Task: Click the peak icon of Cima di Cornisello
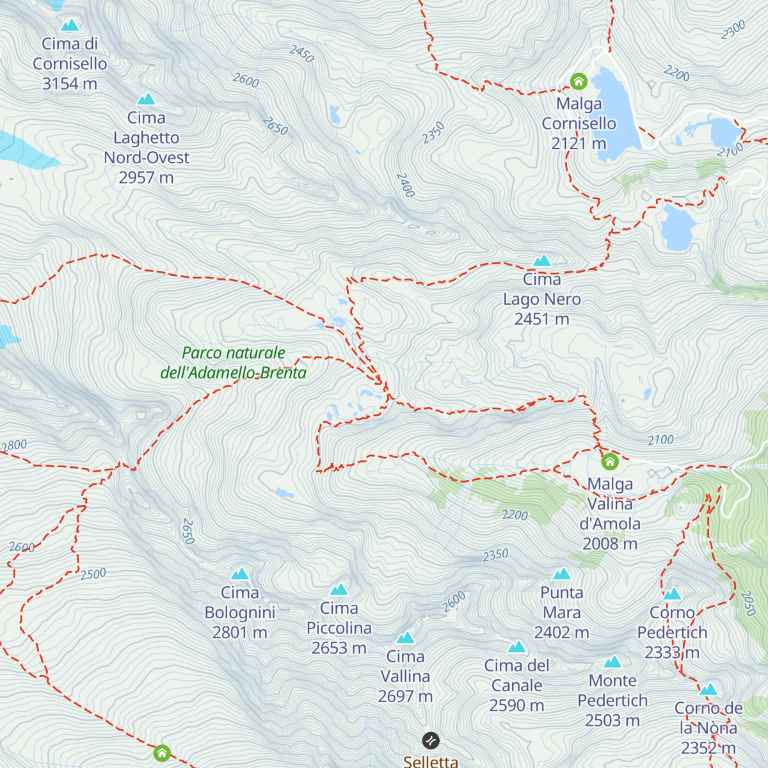tap(69, 25)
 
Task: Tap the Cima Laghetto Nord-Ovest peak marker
tap(147, 99)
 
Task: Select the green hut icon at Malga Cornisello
tap(579, 81)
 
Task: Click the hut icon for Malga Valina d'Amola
tap(609, 461)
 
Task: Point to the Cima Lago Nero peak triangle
tap(542, 260)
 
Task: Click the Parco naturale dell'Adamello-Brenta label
tap(234, 363)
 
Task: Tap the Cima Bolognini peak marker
tap(240, 574)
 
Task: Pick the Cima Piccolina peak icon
tap(339, 589)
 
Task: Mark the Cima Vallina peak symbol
tap(406, 638)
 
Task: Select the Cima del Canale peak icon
tap(516, 647)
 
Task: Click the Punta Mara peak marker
tap(561, 574)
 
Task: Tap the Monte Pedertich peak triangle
tap(612, 662)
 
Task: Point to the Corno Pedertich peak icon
tap(672, 595)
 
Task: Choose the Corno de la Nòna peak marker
tap(708, 690)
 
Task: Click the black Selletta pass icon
tap(431, 740)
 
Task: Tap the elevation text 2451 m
tap(541, 319)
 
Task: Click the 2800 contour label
tap(13, 445)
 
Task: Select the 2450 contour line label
tap(301, 54)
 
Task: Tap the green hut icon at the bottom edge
tap(162, 753)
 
